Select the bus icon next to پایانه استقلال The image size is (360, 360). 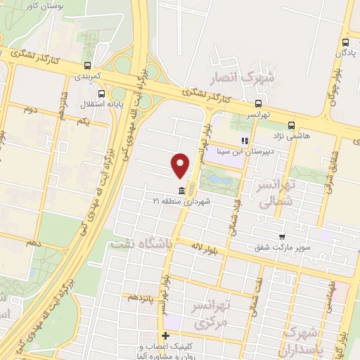103,93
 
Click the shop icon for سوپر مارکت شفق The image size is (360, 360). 282,237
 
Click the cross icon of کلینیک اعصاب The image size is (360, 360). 165,335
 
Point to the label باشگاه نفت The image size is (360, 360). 139,243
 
